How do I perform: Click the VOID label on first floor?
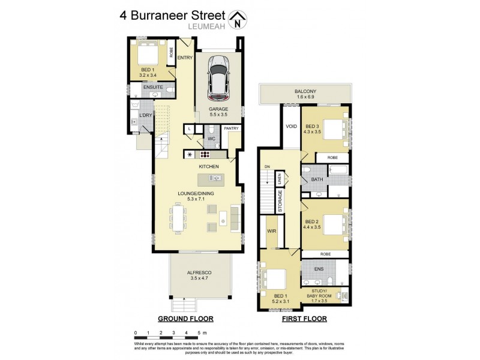pyautogui.click(x=292, y=127)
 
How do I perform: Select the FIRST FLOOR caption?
pyautogui.click(x=304, y=319)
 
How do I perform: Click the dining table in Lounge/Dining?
pyautogui.click(x=178, y=218)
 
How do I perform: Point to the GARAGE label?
pyautogui.click(x=218, y=109)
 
